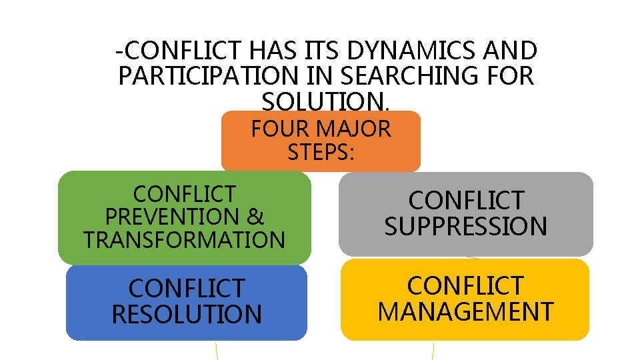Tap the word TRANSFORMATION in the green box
[x=184, y=239]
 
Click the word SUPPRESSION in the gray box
[x=465, y=226]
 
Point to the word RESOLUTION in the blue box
[x=187, y=314]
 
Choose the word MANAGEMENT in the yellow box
[x=465, y=311]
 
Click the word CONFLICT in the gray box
[x=465, y=200]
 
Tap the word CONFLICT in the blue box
[x=187, y=289]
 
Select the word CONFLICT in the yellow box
[x=465, y=286]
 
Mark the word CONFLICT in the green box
[x=184, y=194]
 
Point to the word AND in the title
[x=513, y=51]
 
